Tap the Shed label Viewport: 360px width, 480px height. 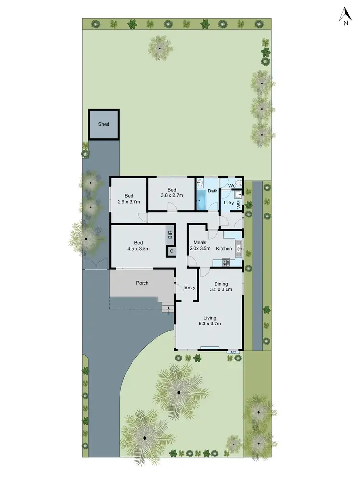(104, 124)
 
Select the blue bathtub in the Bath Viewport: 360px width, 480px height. (201, 199)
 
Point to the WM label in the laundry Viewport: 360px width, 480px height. (239, 203)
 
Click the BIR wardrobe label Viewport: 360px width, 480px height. (170, 234)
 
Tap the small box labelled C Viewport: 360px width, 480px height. (171, 251)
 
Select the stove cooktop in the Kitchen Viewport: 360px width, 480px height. (226, 262)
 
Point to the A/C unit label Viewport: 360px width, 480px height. (233, 352)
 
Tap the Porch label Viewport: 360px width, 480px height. (142, 283)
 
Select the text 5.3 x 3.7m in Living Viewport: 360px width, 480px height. (209, 324)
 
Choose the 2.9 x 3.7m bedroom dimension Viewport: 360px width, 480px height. (129, 202)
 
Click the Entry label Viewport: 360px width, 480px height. (190, 288)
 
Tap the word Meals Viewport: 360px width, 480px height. (200, 242)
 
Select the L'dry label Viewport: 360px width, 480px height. (229, 203)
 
